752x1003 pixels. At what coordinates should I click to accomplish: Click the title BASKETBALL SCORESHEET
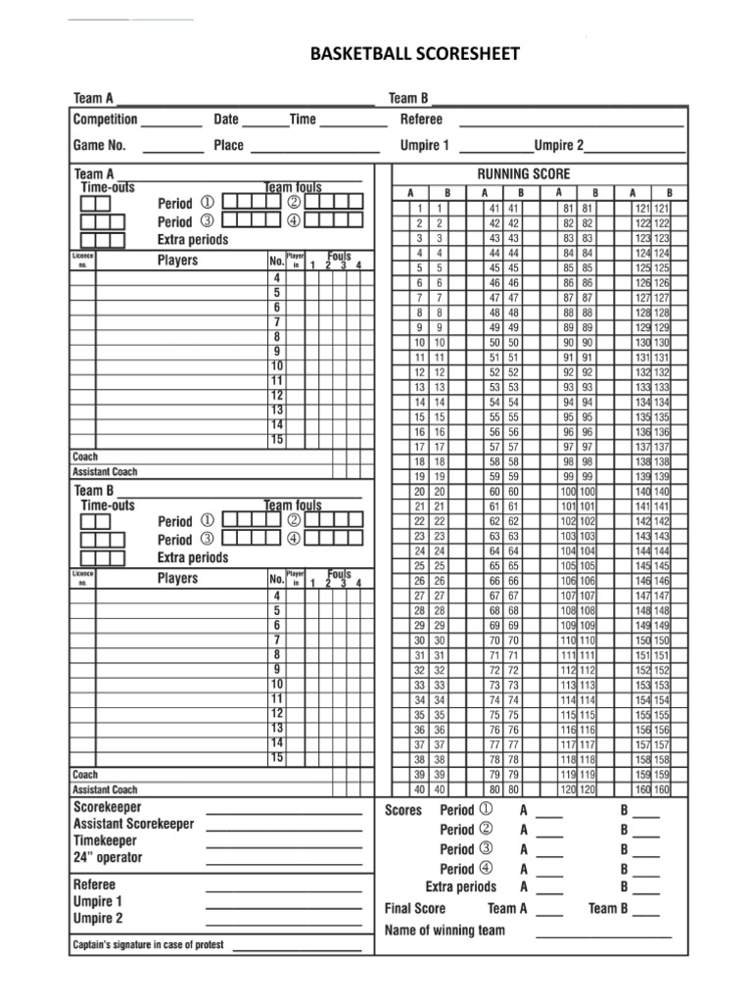point(415,54)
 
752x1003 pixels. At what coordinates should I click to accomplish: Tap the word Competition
point(105,119)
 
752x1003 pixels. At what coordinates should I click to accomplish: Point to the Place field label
point(228,145)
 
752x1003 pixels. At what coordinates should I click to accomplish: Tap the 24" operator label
point(108,858)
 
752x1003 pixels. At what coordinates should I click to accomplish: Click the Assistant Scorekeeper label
point(133,824)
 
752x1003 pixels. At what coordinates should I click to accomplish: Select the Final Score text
point(415,908)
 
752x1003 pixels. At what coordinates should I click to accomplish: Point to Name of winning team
point(445,929)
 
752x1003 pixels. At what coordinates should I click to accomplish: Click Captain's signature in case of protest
point(148,945)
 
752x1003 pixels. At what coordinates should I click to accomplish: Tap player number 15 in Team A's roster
point(277,440)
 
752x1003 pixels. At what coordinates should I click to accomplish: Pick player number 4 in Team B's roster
point(277,596)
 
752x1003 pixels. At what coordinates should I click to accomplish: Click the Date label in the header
point(226,119)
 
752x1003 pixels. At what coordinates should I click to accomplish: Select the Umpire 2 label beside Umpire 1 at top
point(558,145)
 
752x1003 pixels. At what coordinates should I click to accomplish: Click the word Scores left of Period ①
point(403,810)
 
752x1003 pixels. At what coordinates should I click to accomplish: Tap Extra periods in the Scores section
point(460,886)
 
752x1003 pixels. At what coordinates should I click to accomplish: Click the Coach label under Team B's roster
point(85,774)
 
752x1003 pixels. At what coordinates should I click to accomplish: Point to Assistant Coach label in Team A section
point(105,471)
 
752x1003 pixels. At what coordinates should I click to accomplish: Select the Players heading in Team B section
point(177,578)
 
